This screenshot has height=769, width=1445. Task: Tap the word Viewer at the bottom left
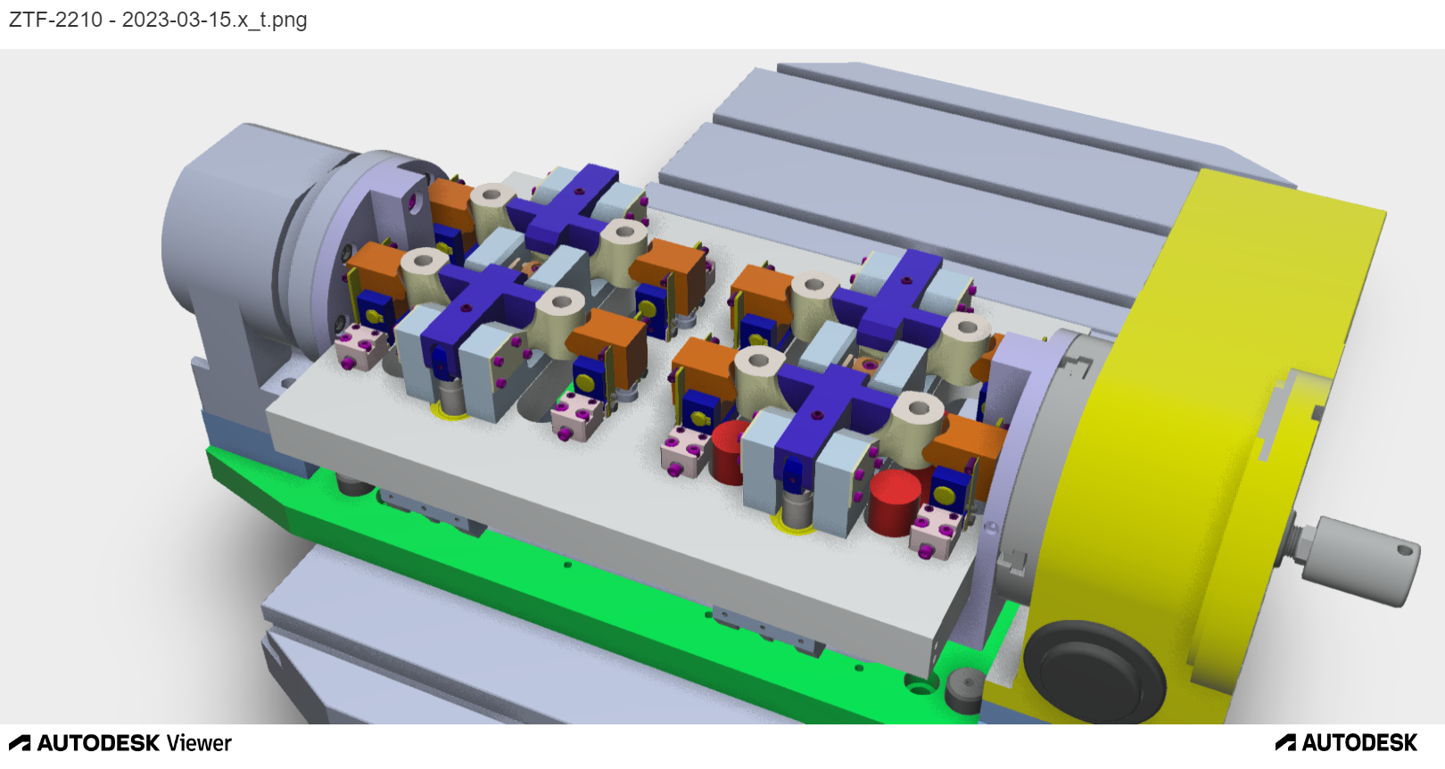tap(199, 743)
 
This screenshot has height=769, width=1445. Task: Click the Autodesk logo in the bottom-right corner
tap(1347, 743)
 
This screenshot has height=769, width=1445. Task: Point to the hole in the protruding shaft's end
tap(1407, 550)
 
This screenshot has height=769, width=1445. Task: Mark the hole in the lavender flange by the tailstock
tap(413, 203)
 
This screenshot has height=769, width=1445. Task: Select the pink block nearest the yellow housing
tap(936, 533)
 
